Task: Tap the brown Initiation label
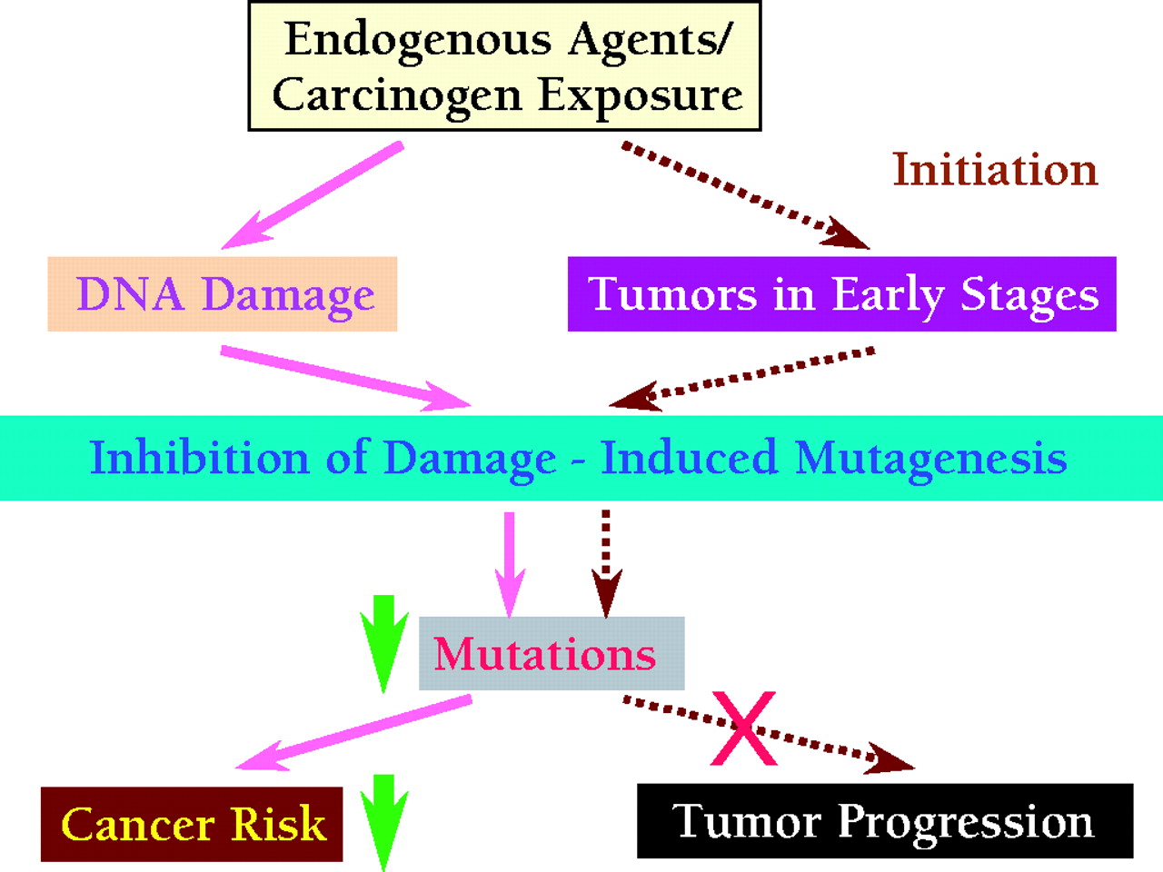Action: pyautogui.click(x=995, y=170)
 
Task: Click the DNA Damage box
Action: pyautogui.click(x=223, y=294)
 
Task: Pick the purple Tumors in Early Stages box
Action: pyautogui.click(x=841, y=294)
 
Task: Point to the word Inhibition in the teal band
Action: pyautogui.click(x=199, y=458)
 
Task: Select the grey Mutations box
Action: pyautogui.click(x=551, y=654)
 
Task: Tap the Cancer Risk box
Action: pyautogui.click(x=192, y=825)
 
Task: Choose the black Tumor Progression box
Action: pyautogui.click(x=884, y=821)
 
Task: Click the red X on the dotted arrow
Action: pyautogui.click(x=744, y=728)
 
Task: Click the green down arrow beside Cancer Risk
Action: pyautogui.click(x=384, y=820)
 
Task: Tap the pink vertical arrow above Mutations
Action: pyautogui.click(x=509, y=563)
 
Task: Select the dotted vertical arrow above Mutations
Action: pyautogui.click(x=606, y=563)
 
